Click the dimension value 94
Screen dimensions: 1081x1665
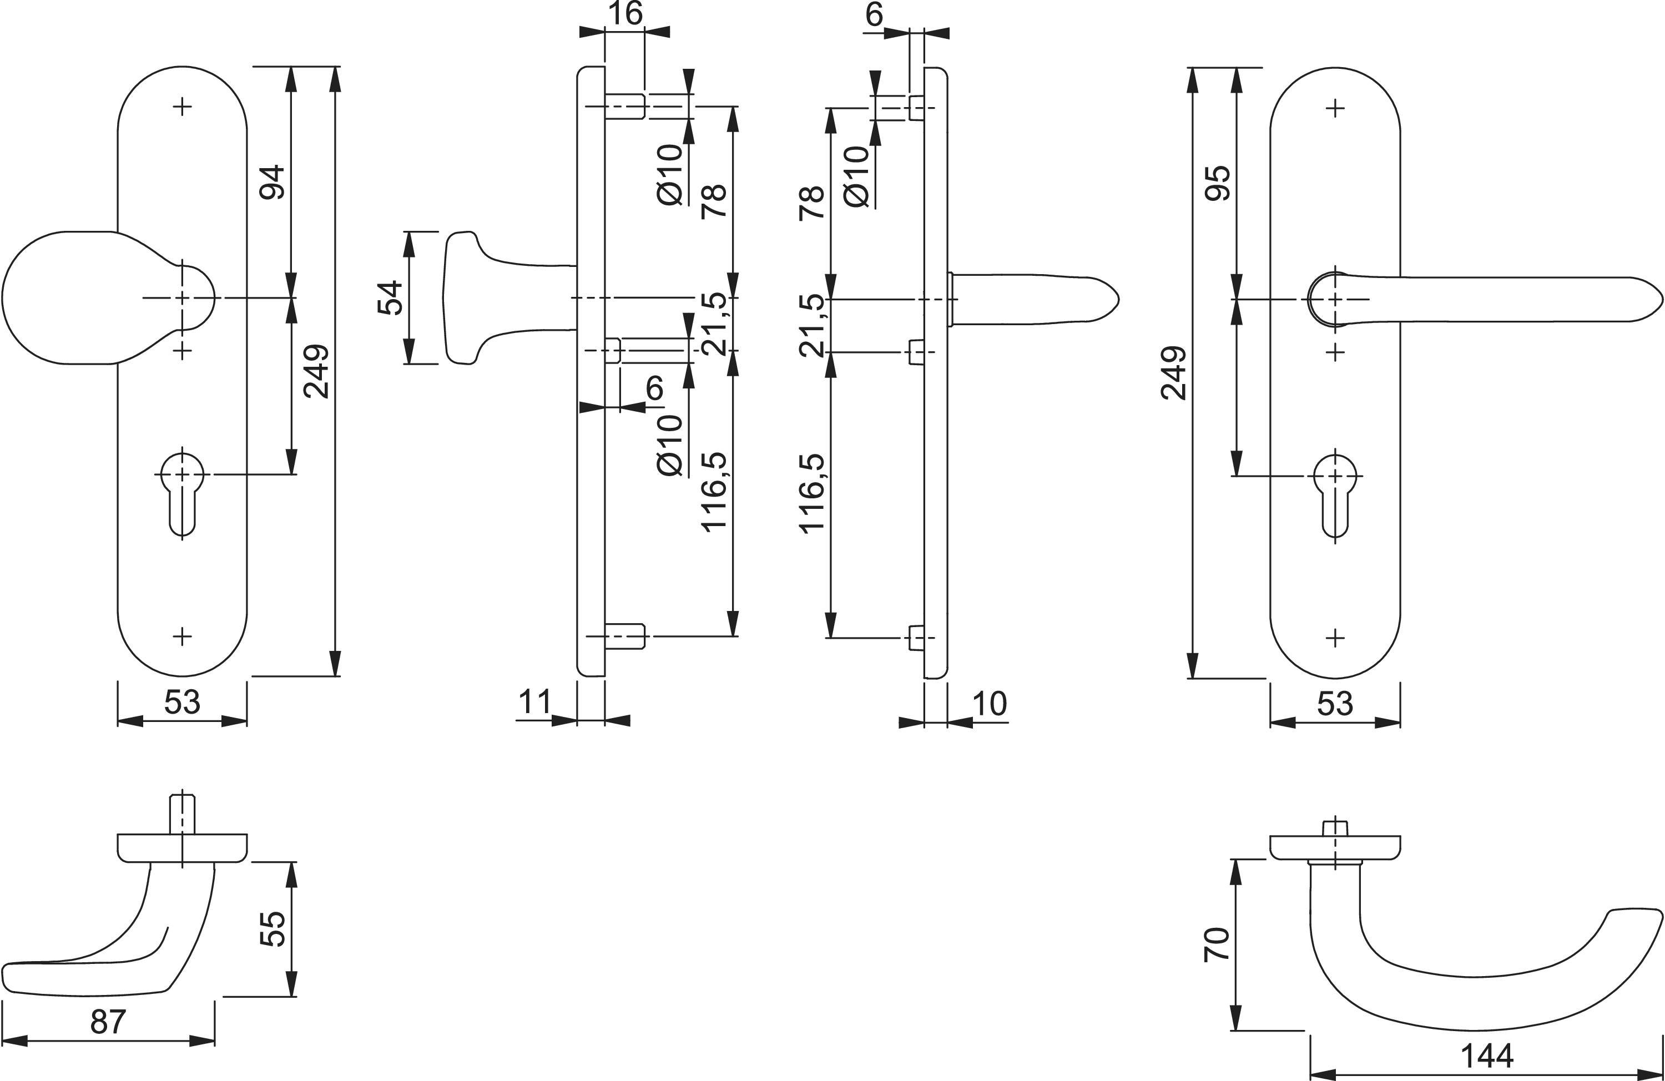tap(272, 182)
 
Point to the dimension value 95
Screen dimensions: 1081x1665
tap(1218, 183)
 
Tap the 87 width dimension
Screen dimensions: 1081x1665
tap(108, 1022)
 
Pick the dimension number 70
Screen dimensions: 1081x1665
tap(1217, 944)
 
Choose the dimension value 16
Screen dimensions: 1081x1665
tap(625, 14)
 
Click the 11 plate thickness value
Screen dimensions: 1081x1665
tap(535, 703)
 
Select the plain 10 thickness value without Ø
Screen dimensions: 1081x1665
tap(989, 704)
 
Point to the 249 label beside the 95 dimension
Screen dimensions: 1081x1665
tap(1174, 373)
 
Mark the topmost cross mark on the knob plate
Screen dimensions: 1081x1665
tap(183, 107)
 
